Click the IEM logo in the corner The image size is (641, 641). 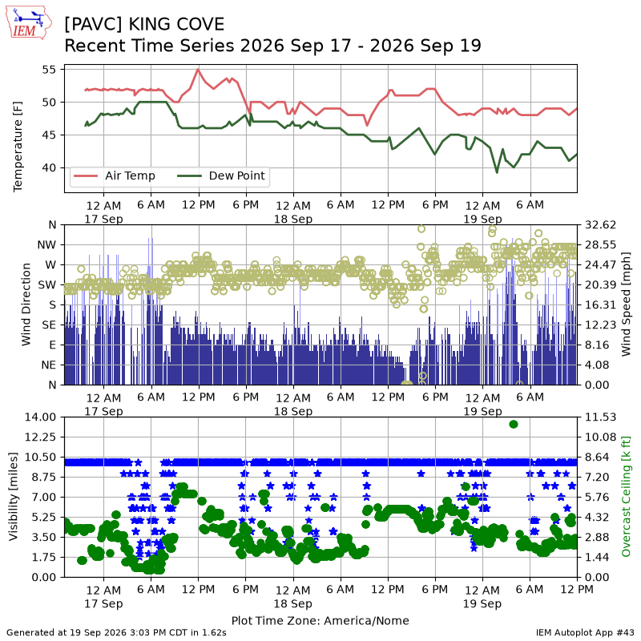29,22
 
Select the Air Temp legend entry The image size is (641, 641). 114,175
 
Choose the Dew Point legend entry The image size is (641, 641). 221,175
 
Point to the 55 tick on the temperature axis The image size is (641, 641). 49,70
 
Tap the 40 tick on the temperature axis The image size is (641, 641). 49,167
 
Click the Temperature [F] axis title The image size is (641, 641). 18,147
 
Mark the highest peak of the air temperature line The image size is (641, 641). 198,69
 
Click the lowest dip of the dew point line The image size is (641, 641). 497,172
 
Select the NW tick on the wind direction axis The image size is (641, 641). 46,245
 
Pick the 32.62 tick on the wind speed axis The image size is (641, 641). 600,225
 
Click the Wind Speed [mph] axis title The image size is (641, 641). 626,304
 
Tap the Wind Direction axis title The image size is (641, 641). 26,304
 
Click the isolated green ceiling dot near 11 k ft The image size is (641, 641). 514,425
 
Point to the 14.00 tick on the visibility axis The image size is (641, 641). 41,417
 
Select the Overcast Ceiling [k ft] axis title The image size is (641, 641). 626,496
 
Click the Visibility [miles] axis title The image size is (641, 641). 14,496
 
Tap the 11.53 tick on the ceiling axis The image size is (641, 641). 600,417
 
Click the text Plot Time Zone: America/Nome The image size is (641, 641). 320,620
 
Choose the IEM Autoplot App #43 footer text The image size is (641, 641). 585,632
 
